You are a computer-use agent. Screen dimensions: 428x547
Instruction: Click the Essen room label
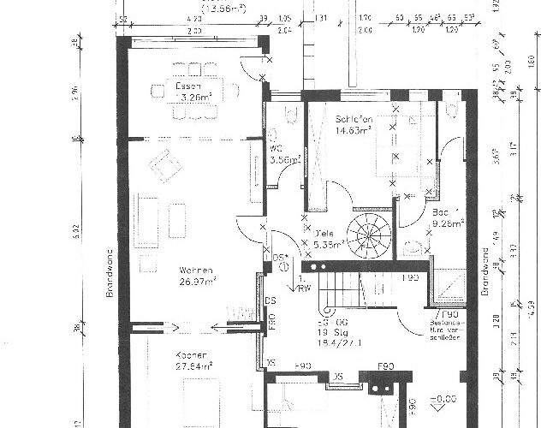point(188,86)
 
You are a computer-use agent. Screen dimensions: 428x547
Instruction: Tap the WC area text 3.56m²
point(285,159)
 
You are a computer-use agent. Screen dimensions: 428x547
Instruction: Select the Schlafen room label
point(353,120)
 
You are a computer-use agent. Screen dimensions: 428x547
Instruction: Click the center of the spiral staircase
point(368,234)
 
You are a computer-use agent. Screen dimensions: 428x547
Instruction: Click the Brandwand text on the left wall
point(110,272)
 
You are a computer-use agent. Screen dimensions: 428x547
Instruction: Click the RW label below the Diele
point(305,288)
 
